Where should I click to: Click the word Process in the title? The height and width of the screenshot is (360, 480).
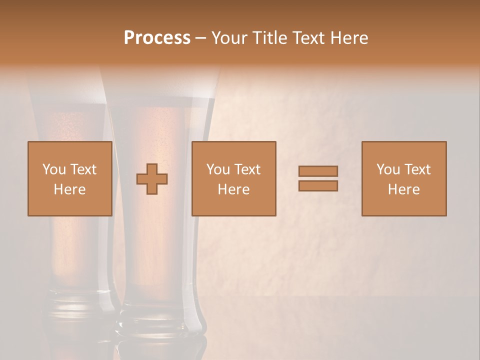[x=157, y=38]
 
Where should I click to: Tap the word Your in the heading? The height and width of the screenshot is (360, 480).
[x=228, y=38]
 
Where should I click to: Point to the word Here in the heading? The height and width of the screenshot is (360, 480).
[x=348, y=38]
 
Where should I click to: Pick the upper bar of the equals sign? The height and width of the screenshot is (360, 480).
[x=318, y=171]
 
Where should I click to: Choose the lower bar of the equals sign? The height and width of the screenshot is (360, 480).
[x=318, y=185]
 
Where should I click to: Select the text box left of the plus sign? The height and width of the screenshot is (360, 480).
[x=70, y=178]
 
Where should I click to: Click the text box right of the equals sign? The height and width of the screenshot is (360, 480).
[x=404, y=178]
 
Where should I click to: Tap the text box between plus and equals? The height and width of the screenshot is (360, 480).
[x=234, y=178]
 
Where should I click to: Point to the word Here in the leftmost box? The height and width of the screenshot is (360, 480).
[x=70, y=189]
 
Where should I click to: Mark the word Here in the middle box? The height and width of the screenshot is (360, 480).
[x=234, y=189]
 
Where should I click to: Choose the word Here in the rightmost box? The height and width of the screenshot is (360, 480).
[x=404, y=189]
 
